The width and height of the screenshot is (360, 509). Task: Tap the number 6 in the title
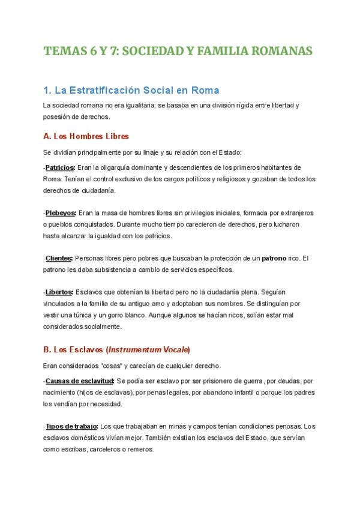tap(96, 51)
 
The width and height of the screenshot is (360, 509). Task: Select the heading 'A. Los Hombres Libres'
tap(86, 136)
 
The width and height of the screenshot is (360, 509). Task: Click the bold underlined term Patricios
tap(60, 167)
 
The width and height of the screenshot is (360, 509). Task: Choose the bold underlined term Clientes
tap(59, 258)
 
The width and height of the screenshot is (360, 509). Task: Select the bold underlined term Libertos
tap(59, 292)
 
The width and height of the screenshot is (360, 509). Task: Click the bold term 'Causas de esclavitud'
tap(79, 381)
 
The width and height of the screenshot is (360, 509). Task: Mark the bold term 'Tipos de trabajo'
tap(72, 426)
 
